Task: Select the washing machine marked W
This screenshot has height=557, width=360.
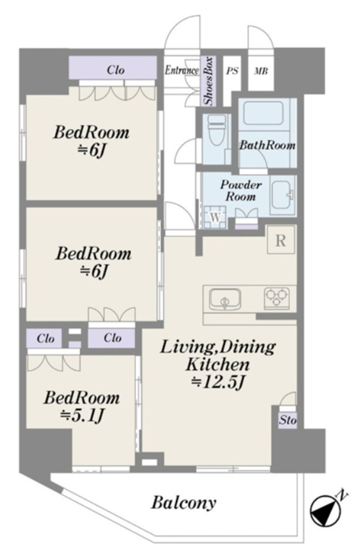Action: (x=215, y=217)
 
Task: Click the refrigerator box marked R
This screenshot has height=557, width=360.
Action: (x=281, y=240)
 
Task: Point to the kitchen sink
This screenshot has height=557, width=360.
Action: (x=225, y=299)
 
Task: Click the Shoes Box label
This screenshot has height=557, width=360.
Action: (x=208, y=81)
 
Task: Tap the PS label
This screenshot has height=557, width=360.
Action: (x=232, y=71)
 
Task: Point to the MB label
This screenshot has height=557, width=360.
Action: (x=261, y=71)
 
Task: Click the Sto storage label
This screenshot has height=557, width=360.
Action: (x=288, y=420)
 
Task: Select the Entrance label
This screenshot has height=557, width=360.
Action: (x=182, y=70)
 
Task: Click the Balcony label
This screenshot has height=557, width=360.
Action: (x=184, y=502)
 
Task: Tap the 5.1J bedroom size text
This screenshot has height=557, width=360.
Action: (x=82, y=415)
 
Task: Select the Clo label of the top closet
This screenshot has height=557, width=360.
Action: (x=116, y=70)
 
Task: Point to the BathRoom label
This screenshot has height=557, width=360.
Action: (x=267, y=145)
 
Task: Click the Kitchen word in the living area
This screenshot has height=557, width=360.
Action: (x=218, y=364)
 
